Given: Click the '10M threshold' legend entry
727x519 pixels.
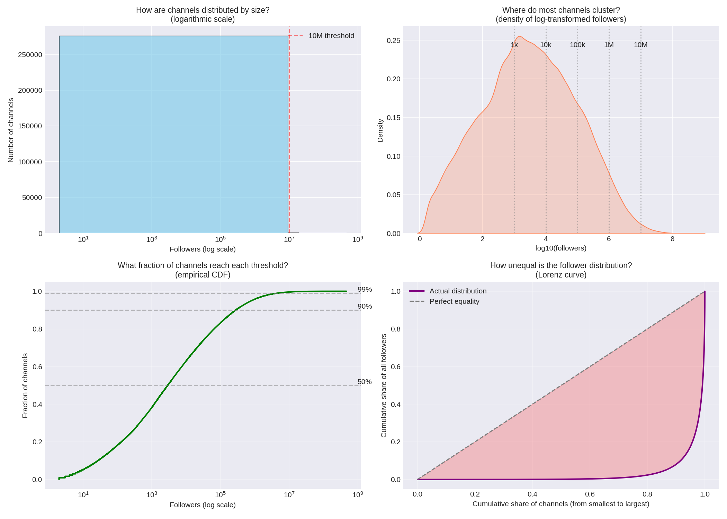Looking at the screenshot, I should tap(331, 36).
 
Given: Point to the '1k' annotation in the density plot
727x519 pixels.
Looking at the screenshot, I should tap(514, 45).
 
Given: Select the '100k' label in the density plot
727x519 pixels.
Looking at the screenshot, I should tap(577, 45).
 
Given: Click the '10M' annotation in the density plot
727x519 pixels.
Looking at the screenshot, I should tap(640, 45).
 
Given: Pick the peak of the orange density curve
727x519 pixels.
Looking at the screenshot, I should tap(519, 36).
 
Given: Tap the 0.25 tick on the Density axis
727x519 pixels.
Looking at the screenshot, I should tap(393, 40).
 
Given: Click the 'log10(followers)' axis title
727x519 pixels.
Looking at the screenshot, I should tap(561, 248).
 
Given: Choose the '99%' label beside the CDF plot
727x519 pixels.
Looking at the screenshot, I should tap(365, 290).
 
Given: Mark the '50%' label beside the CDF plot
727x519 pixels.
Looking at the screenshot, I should tap(365, 382).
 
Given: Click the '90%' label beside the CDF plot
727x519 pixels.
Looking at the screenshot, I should tap(365, 307).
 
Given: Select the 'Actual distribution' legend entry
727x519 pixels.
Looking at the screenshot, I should tap(458, 291).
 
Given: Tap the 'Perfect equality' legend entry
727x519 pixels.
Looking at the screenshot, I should tap(454, 301).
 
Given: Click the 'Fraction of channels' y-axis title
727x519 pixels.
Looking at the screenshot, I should tap(25, 385).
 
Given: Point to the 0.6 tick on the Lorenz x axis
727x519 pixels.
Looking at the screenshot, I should tap(590, 494).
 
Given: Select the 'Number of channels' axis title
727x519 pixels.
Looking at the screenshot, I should tap(11, 130).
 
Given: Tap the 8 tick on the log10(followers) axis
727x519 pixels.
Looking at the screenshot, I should tap(672, 239).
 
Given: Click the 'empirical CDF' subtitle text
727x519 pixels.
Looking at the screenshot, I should tap(203, 275).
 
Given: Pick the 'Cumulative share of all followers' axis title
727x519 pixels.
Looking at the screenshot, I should tap(384, 385).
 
